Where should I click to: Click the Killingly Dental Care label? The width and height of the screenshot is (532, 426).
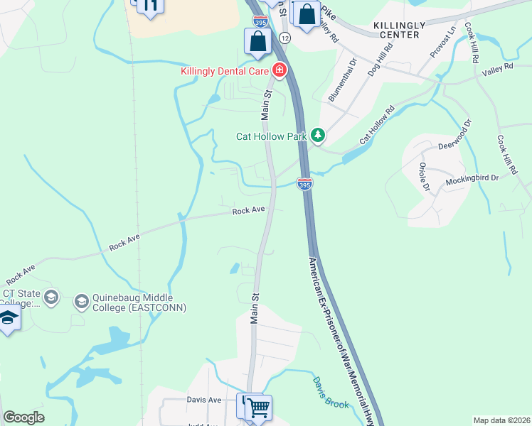point(225,71)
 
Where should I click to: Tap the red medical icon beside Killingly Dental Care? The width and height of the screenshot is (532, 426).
point(278,70)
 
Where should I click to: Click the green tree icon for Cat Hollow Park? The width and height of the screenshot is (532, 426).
point(318,134)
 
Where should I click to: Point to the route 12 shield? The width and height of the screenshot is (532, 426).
point(284,36)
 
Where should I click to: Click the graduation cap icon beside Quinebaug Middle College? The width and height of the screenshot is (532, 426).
point(81,302)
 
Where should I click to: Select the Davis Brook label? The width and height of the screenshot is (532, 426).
point(328,391)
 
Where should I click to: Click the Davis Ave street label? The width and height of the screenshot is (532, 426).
point(205,400)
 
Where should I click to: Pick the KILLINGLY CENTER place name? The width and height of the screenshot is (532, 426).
point(400,29)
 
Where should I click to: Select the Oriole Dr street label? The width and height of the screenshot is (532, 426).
point(424,177)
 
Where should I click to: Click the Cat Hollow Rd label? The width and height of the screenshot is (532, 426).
point(377,126)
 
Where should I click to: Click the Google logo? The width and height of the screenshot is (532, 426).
point(24,417)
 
